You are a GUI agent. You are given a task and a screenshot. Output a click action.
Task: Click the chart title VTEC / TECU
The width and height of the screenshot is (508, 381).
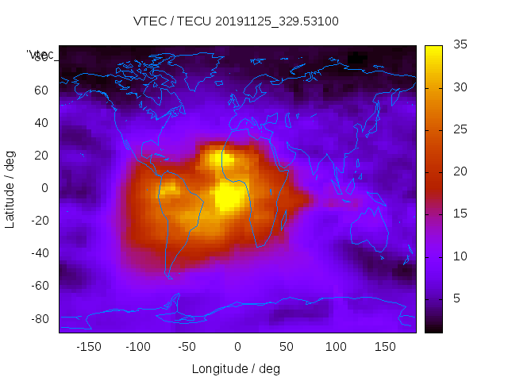pos(237,21)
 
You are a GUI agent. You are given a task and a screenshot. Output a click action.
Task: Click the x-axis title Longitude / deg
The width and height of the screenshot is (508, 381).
pos(237,368)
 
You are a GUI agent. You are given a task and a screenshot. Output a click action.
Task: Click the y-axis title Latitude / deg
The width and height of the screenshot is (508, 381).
pos(10,188)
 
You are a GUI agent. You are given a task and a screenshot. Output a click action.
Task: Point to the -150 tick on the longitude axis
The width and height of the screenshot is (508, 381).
pos(89,347)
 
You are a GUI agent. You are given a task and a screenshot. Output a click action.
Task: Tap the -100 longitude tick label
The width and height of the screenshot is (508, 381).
pos(138,347)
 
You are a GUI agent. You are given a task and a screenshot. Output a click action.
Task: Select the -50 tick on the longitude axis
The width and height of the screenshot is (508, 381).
pos(188,347)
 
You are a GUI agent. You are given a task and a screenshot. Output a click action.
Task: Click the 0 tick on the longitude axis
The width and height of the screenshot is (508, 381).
pos(237,347)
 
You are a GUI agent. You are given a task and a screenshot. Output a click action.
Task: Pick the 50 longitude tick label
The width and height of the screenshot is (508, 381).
pos(287,347)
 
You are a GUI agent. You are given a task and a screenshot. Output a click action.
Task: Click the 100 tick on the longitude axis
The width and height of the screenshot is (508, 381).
pos(336,347)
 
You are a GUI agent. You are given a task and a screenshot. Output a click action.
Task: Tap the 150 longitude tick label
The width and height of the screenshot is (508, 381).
pos(385,347)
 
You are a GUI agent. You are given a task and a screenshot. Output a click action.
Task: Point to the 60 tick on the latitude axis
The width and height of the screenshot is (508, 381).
pos(41,90)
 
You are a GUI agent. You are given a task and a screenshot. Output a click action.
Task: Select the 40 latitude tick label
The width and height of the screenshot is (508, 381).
pos(41,122)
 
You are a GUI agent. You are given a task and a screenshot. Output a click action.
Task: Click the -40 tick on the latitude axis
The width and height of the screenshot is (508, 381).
pos(39,253)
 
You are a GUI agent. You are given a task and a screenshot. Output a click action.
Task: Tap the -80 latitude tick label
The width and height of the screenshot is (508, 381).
pos(39,318)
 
